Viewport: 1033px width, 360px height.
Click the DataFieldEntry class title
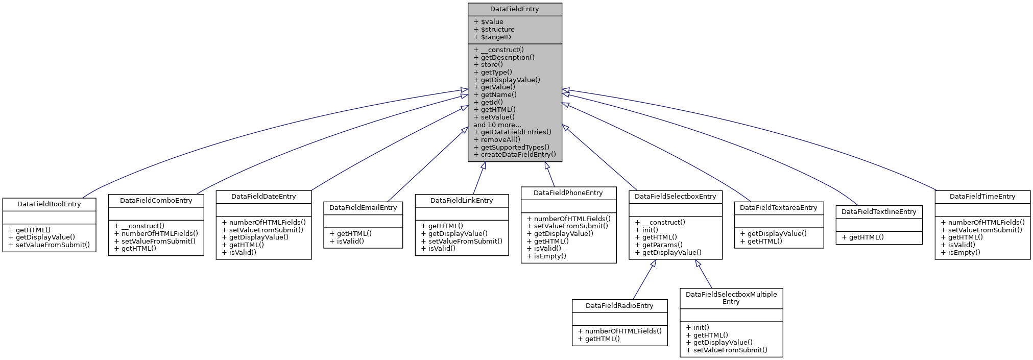(x=514, y=9)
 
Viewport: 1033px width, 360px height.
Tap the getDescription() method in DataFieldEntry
(x=507, y=57)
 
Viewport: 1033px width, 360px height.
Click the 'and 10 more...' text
(x=497, y=125)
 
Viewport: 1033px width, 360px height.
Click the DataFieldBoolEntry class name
(x=49, y=204)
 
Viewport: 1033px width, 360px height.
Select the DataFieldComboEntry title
(x=156, y=200)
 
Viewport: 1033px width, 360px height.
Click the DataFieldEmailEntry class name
(x=363, y=207)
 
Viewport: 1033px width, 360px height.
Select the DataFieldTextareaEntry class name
(x=778, y=207)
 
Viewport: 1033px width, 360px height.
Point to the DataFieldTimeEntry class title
(x=982, y=196)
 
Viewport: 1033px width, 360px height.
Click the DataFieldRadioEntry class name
(x=619, y=305)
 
